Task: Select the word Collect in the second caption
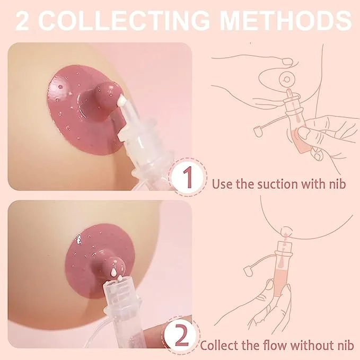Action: [218, 346]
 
